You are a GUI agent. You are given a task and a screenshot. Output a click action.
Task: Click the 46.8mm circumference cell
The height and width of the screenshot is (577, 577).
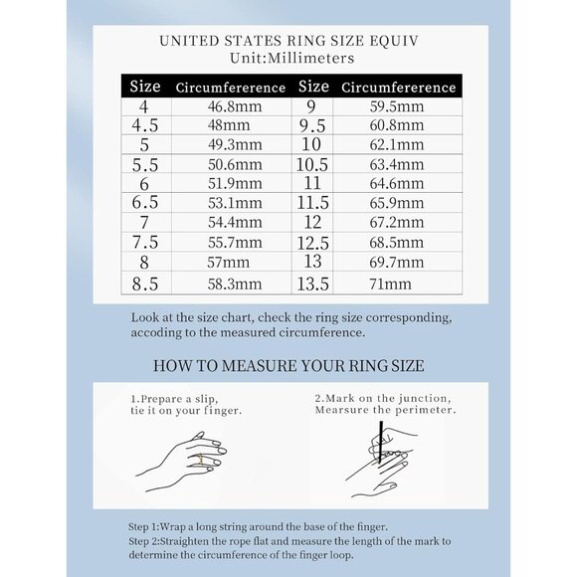pyautogui.click(x=235, y=106)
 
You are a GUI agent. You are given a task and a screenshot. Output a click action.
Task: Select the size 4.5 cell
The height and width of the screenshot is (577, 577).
pyautogui.click(x=145, y=125)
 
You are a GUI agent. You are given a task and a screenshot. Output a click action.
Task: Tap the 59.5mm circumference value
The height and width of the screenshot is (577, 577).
pyautogui.click(x=397, y=106)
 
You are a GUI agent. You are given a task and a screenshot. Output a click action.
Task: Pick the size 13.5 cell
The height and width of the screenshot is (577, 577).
pyautogui.click(x=312, y=285)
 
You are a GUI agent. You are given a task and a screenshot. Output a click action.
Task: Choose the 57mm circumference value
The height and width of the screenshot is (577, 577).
pyautogui.click(x=228, y=263)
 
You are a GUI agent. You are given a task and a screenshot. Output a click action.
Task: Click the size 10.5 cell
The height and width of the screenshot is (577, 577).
pyautogui.click(x=312, y=164)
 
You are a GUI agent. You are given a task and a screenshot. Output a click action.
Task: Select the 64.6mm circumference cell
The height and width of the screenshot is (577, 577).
pyautogui.click(x=397, y=183)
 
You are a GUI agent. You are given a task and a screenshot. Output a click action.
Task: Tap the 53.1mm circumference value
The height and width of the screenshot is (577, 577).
pyautogui.click(x=235, y=203)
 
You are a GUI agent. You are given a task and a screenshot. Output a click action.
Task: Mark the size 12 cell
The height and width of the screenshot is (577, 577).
pyautogui.click(x=312, y=222)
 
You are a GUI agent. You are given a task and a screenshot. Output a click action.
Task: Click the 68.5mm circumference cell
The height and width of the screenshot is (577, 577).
pyautogui.click(x=397, y=243)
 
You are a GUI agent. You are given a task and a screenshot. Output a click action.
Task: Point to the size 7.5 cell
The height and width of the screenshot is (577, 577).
pyautogui.click(x=145, y=242)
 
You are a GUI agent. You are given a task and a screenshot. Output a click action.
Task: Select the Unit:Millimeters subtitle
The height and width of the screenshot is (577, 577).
pyautogui.click(x=292, y=58)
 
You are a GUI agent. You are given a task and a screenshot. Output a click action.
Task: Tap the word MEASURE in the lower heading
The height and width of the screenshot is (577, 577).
pyautogui.click(x=259, y=366)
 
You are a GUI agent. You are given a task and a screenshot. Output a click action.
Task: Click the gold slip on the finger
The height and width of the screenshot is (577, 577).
pyautogui.click(x=201, y=460)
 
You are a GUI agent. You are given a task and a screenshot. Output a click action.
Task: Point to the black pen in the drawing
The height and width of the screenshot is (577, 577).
pyautogui.click(x=380, y=442)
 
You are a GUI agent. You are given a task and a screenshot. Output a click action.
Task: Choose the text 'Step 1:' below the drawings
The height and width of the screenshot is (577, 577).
pyautogui.click(x=143, y=527)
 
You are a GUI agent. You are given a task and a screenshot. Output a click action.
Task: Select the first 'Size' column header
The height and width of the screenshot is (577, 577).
pyautogui.click(x=145, y=87)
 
